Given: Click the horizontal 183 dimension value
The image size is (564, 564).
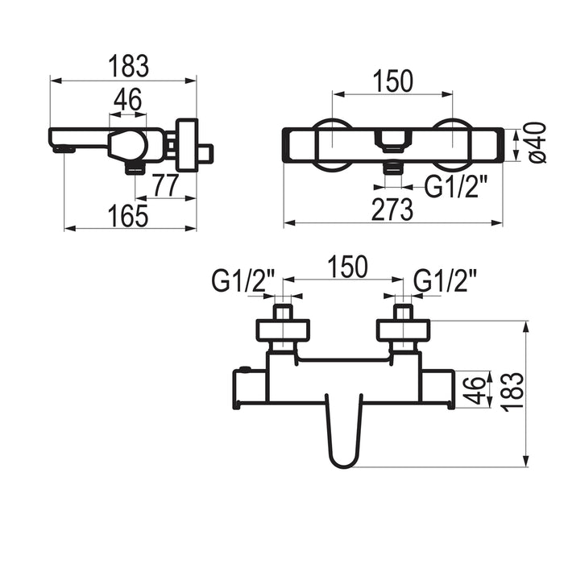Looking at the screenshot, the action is [x=129, y=66].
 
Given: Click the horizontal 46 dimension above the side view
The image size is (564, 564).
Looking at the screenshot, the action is [x=127, y=100].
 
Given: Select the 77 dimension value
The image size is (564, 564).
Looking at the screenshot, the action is [x=164, y=185].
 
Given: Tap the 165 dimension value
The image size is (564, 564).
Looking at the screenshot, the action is [x=128, y=216].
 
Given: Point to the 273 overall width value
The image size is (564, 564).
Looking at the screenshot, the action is [x=392, y=209].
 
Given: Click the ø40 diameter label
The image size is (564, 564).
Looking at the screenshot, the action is [x=537, y=143].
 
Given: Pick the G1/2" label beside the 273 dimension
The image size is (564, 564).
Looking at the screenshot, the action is [x=456, y=186].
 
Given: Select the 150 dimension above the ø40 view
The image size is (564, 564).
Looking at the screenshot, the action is [x=393, y=81].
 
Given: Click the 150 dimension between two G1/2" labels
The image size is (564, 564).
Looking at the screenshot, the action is [x=348, y=267].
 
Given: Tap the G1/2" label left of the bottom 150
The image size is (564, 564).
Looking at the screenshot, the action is [x=243, y=280].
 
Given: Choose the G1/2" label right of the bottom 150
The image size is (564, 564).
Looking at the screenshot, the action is [x=446, y=280].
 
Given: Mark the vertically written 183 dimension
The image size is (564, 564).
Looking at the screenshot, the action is [x=513, y=392].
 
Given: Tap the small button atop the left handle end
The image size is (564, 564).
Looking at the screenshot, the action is [x=245, y=369].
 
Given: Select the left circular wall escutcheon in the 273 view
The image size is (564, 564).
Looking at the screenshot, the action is [x=332, y=144].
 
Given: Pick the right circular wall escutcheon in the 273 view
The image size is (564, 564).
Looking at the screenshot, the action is [x=453, y=144].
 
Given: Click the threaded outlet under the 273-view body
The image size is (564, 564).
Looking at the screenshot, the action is [x=393, y=168].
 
